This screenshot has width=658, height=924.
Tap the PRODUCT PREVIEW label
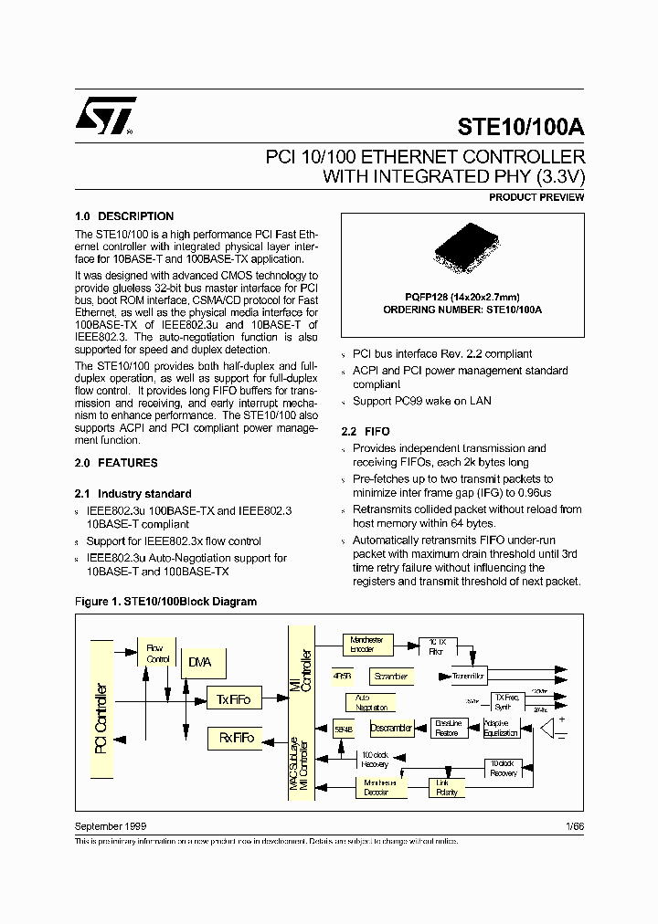pyautogui.click(x=536, y=197)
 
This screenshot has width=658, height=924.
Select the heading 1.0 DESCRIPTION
pyautogui.click(x=123, y=216)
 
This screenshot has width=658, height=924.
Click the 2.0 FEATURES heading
pyautogui.click(x=116, y=463)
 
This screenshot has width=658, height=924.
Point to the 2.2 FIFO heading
pyautogui.click(x=366, y=431)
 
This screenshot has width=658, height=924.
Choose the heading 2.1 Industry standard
pyautogui.click(x=133, y=493)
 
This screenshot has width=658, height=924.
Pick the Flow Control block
pyautogui.click(x=157, y=653)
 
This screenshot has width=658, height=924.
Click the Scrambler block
pyautogui.click(x=390, y=677)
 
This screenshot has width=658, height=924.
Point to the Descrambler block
pyautogui.click(x=391, y=728)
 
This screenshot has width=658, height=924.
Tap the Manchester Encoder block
pyautogui.click(x=366, y=645)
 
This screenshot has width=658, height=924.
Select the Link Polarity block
pyautogui.click(x=447, y=787)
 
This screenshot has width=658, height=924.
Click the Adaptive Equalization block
pyautogui.click(x=501, y=728)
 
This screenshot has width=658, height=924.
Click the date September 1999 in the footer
pyautogui.click(x=110, y=825)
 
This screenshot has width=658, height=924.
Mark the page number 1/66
pyautogui.click(x=574, y=825)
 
